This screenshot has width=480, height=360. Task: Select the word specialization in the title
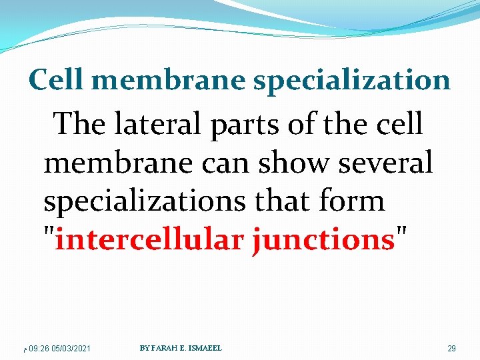(x=351, y=81)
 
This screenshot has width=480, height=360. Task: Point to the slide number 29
(x=451, y=349)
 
